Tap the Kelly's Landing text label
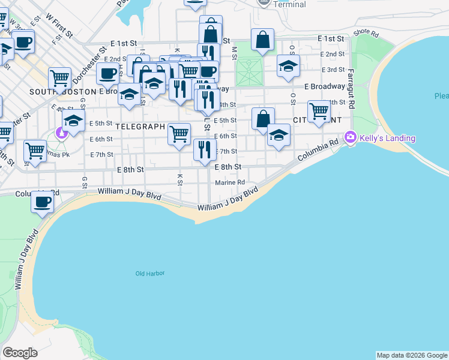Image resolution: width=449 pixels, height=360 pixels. [387, 138]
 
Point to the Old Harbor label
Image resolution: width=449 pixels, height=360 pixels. [150, 274]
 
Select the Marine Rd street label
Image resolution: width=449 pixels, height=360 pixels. [231, 182]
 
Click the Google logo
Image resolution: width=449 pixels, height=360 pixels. [20, 353]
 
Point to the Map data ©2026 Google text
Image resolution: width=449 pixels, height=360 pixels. [412, 355]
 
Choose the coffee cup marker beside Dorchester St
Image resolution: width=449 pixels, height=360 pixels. [108, 74]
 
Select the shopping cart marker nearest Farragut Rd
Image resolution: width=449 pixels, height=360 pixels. [319, 110]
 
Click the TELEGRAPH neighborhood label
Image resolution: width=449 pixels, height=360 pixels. [140, 127]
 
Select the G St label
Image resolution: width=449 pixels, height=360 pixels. [85, 181]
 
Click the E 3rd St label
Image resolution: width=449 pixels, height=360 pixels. [333, 70]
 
